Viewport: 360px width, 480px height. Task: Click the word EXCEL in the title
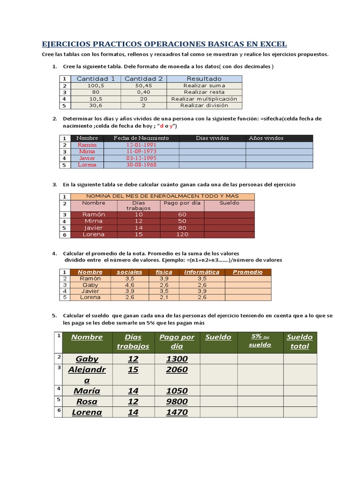pos(270,44)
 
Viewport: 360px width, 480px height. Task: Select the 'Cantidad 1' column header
pos(96,79)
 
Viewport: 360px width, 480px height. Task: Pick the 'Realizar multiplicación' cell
pos(204,99)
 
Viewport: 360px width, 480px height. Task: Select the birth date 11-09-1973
pos(142,152)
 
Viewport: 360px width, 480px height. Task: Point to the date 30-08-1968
pos(142,165)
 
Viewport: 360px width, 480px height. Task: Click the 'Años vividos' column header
pos(266,138)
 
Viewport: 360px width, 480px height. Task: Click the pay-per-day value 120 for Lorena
pos(182,234)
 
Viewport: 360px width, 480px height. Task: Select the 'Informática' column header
pos(202,272)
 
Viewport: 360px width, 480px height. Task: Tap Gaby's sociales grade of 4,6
pos(130,285)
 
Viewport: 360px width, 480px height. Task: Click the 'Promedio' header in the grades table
pos(247,272)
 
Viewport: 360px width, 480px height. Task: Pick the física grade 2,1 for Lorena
pos(164,297)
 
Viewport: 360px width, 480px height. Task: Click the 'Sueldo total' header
pos(300,342)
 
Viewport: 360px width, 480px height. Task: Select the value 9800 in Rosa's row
pos(177,402)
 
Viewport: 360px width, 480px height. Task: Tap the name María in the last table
pos(87,391)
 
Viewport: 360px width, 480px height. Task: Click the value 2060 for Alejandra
pos(177,370)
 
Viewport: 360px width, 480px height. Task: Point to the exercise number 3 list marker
pos(54,185)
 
